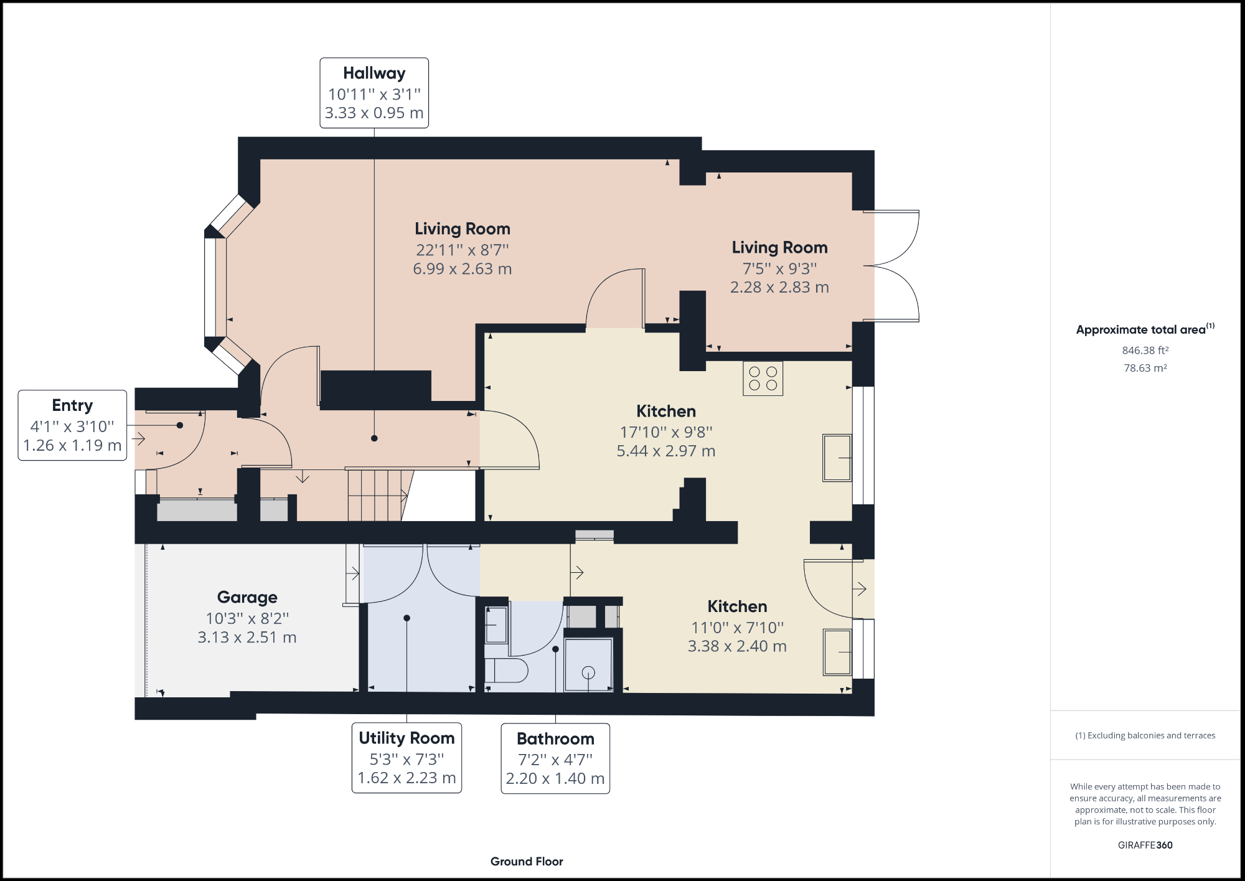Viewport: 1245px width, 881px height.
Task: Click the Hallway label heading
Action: pyautogui.click(x=374, y=73)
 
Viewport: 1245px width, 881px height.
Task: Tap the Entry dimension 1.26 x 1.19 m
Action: pyautogui.click(x=72, y=446)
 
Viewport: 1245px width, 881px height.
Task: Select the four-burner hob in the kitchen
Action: pyautogui.click(x=763, y=379)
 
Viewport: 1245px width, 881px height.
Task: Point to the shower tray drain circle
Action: pyautogui.click(x=588, y=672)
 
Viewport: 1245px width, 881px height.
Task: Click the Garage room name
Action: pyautogui.click(x=247, y=597)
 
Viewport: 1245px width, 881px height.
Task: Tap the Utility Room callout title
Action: pyautogui.click(x=406, y=738)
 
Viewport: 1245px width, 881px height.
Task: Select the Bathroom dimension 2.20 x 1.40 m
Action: pyautogui.click(x=555, y=779)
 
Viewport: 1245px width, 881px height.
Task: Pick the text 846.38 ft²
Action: pyautogui.click(x=1145, y=351)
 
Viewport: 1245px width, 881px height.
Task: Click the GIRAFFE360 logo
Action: pyautogui.click(x=1145, y=845)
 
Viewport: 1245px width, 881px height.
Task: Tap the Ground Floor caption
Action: pyautogui.click(x=527, y=862)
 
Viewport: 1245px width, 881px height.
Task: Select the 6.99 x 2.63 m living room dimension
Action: pyautogui.click(x=462, y=269)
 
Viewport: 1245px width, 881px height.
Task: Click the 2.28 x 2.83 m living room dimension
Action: pyautogui.click(x=779, y=288)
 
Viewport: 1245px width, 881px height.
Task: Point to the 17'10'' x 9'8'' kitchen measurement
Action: pyautogui.click(x=665, y=432)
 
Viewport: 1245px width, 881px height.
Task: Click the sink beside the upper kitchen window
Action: pyautogui.click(x=837, y=458)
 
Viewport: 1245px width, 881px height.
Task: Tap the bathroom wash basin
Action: pyautogui.click(x=496, y=625)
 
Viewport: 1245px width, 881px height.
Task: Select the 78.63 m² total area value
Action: pyautogui.click(x=1145, y=368)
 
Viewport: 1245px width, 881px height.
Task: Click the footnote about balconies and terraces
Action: pyautogui.click(x=1145, y=735)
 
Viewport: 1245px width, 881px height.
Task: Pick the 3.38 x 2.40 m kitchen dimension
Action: pyautogui.click(x=737, y=647)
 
